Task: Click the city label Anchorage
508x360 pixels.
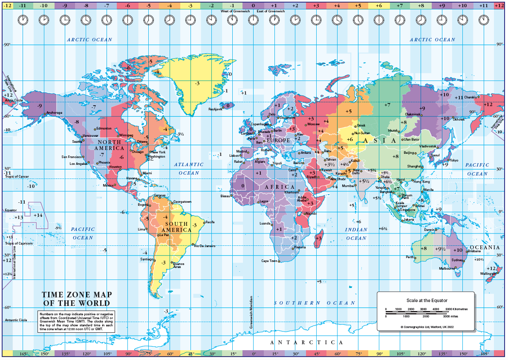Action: coord(54,113)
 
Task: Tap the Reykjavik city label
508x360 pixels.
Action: coord(215,109)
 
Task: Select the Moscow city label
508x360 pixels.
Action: coord(313,124)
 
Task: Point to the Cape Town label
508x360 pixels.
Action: coord(269,261)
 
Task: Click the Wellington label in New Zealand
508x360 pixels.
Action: coord(488,274)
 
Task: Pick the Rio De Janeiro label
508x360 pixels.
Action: coord(205,246)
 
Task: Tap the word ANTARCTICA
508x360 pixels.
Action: coord(307,343)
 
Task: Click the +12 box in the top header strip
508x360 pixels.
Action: coord(499,6)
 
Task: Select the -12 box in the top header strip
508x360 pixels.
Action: coord(7,6)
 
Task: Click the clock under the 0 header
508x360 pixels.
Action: coord(253,20)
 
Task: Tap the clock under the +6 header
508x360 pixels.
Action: coord(379,20)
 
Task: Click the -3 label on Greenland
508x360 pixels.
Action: coord(197,83)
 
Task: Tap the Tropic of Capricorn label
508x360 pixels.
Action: coord(19,243)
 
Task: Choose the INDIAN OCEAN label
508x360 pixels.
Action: coord(356,233)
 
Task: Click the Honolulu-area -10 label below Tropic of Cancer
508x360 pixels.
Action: coord(31,186)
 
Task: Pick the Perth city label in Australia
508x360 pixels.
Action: coord(410,257)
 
